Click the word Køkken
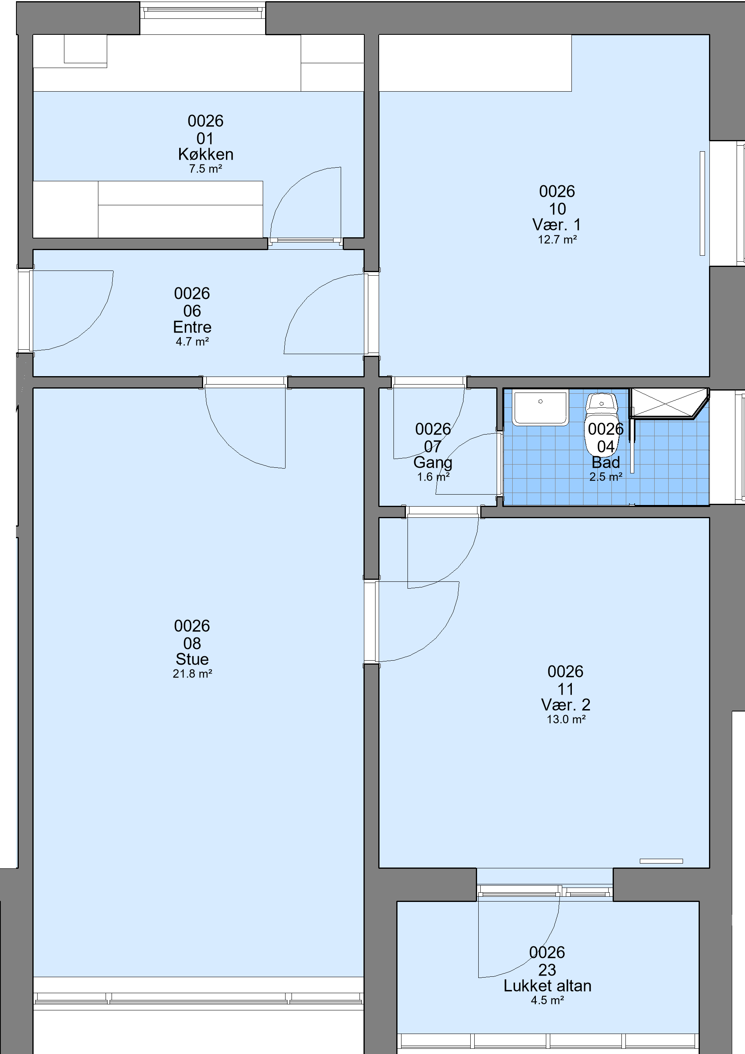point(206,154)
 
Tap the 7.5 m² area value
point(206,169)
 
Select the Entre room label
point(192,327)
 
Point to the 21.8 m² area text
point(192,673)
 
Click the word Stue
point(192,659)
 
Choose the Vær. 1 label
point(557,225)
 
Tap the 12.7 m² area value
point(557,240)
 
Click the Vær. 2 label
point(565,705)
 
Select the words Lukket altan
point(547,986)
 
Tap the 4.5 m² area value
point(547,1000)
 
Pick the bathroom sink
point(540,408)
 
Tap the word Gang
point(433,462)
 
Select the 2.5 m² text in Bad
point(605,477)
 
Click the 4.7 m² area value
point(192,342)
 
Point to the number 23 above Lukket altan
point(547,970)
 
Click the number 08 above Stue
point(192,643)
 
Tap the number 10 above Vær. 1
point(557,209)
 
